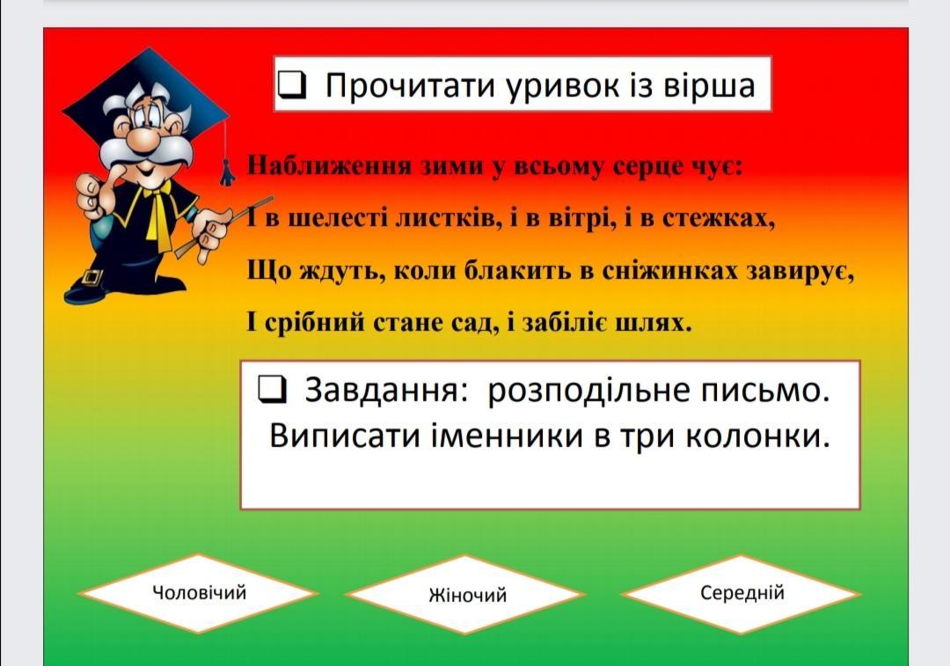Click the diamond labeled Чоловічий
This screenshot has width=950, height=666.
click(x=199, y=593)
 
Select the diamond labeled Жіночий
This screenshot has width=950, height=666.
click(x=467, y=595)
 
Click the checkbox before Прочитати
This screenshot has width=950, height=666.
click(x=292, y=84)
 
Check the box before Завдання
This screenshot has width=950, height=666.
click(x=272, y=389)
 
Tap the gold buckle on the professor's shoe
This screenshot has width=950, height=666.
click(x=91, y=278)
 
